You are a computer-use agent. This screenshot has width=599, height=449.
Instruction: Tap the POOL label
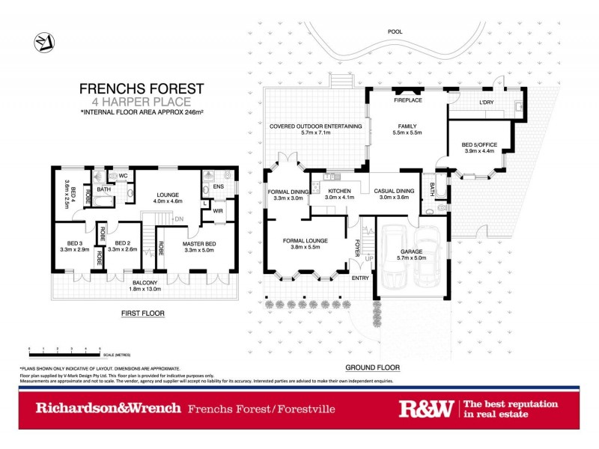pos(395,32)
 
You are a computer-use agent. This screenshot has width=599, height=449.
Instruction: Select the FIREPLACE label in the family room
pos(408,100)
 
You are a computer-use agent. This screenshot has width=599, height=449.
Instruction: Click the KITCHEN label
pos(339,191)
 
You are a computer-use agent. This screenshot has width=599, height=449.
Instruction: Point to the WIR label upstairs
pos(218,211)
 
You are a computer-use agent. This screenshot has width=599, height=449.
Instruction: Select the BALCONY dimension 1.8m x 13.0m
pos(142,289)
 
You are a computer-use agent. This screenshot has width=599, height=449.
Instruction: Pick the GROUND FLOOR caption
pos(372,367)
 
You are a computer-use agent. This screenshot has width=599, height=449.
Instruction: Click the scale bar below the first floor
pos(64,349)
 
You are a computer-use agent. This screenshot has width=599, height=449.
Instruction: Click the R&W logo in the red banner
pos(426,409)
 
